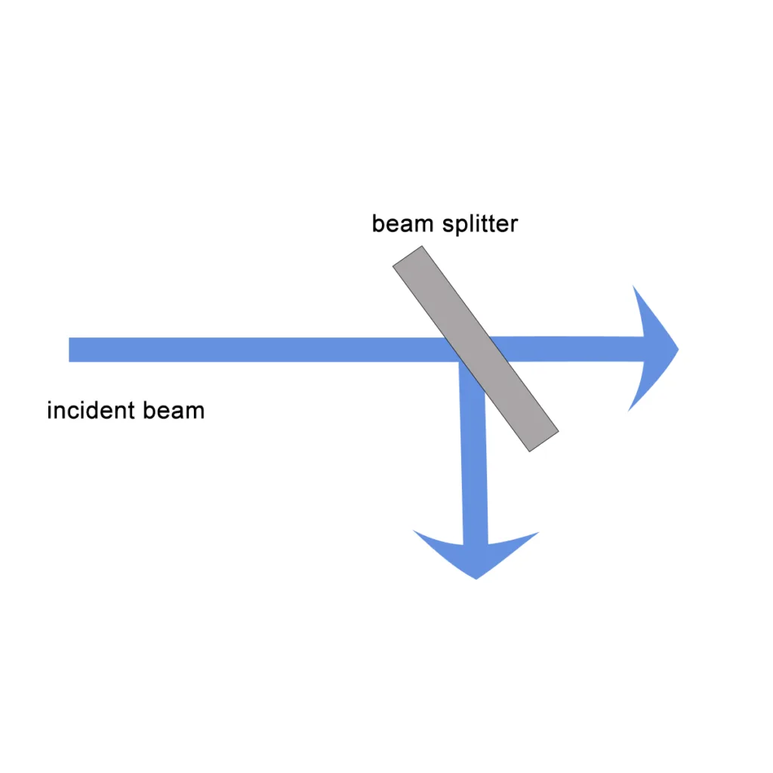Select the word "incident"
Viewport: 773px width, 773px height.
pyautogui.click(x=91, y=411)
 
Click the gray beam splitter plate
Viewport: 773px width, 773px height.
pyautogui.click(x=476, y=349)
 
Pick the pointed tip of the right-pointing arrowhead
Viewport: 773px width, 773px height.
pyautogui.click(x=678, y=349)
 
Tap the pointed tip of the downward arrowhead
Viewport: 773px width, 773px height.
pyautogui.click(x=476, y=578)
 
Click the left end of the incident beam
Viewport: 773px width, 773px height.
pyautogui.click(x=71, y=350)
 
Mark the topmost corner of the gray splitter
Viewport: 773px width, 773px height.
pyautogui.click(x=421, y=246)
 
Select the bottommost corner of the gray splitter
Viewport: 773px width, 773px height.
pyautogui.click(x=530, y=451)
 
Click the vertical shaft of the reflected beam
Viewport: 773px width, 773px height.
pyautogui.click(x=473, y=468)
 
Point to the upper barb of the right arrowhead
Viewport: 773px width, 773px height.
pyautogui.click(x=633, y=288)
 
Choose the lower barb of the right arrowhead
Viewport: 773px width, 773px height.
pyautogui.click(x=630, y=410)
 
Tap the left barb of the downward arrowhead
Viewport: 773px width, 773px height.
pyautogui.click(x=415, y=531)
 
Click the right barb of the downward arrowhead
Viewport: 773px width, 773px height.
pyautogui.click(x=537, y=533)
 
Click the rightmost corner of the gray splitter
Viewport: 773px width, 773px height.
pyautogui.click(x=558, y=432)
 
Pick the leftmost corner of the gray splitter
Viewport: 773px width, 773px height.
pyautogui.click(x=393, y=266)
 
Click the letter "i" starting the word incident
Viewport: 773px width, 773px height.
pyautogui.click(x=50, y=411)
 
